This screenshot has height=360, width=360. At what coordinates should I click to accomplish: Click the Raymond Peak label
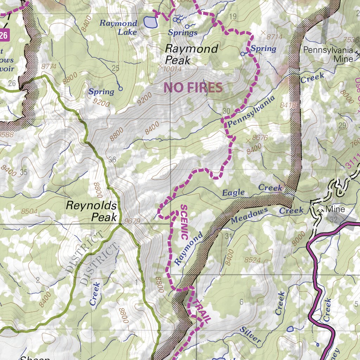coord(192,54)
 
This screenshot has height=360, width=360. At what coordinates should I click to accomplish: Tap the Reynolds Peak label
coord(91,211)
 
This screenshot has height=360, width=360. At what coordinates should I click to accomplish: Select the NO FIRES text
coord(193,88)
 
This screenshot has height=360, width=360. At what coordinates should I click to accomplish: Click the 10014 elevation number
coord(172,69)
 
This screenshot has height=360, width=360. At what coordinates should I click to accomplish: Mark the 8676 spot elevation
coord(260,138)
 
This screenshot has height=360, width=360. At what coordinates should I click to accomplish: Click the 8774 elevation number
coord(49,66)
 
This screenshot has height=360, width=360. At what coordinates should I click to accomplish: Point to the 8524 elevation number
coord(253,260)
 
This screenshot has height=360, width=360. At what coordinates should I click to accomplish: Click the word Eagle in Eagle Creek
coord(233,192)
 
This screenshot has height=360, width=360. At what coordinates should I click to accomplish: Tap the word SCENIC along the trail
coord(184,222)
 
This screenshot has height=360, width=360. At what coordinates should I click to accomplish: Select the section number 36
coord(112,160)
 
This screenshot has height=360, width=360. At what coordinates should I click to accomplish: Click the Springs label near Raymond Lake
coord(182,33)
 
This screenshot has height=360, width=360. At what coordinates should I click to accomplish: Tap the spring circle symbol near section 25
coord(120,89)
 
